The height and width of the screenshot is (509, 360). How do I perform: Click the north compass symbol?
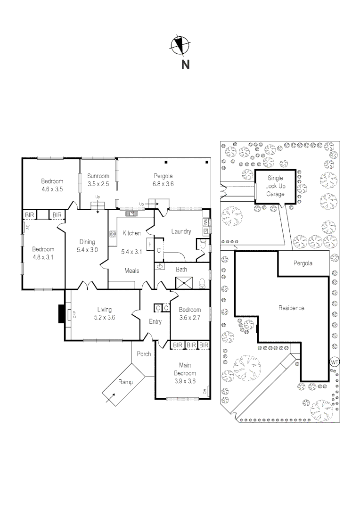click(x=180, y=45)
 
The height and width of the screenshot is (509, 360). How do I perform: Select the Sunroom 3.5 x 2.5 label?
click(x=98, y=181)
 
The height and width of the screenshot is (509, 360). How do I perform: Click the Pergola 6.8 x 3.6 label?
click(x=163, y=181)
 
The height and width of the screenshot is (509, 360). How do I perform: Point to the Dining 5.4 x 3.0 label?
click(x=87, y=246)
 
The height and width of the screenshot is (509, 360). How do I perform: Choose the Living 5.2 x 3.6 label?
click(x=104, y=313)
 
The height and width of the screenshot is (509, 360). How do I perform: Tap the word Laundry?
click(x=180, y=231)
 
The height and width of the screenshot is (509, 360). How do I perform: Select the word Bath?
click(x=182, y=270)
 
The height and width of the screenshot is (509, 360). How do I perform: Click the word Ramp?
click(x=125, y=382)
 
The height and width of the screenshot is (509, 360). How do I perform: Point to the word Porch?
click(x=144, y=353)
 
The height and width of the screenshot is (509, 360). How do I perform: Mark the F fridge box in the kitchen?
click(x=149, y=245)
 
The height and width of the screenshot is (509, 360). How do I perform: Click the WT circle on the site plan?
click(x=335, y=362)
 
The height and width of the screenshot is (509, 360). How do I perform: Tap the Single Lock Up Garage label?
click(x=275, y=186)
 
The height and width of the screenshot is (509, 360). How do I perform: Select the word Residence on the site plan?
click(x=291, y=308)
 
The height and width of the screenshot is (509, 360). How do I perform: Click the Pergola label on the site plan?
click(x=303, y=263)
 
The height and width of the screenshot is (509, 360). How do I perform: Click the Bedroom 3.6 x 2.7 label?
click(x=189, y=313)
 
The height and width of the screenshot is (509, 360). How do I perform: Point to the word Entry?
click(x=155, y=322)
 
